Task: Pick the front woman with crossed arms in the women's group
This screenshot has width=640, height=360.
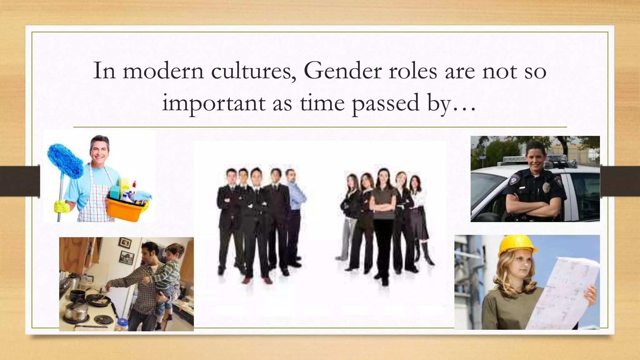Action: pos(384,219)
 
